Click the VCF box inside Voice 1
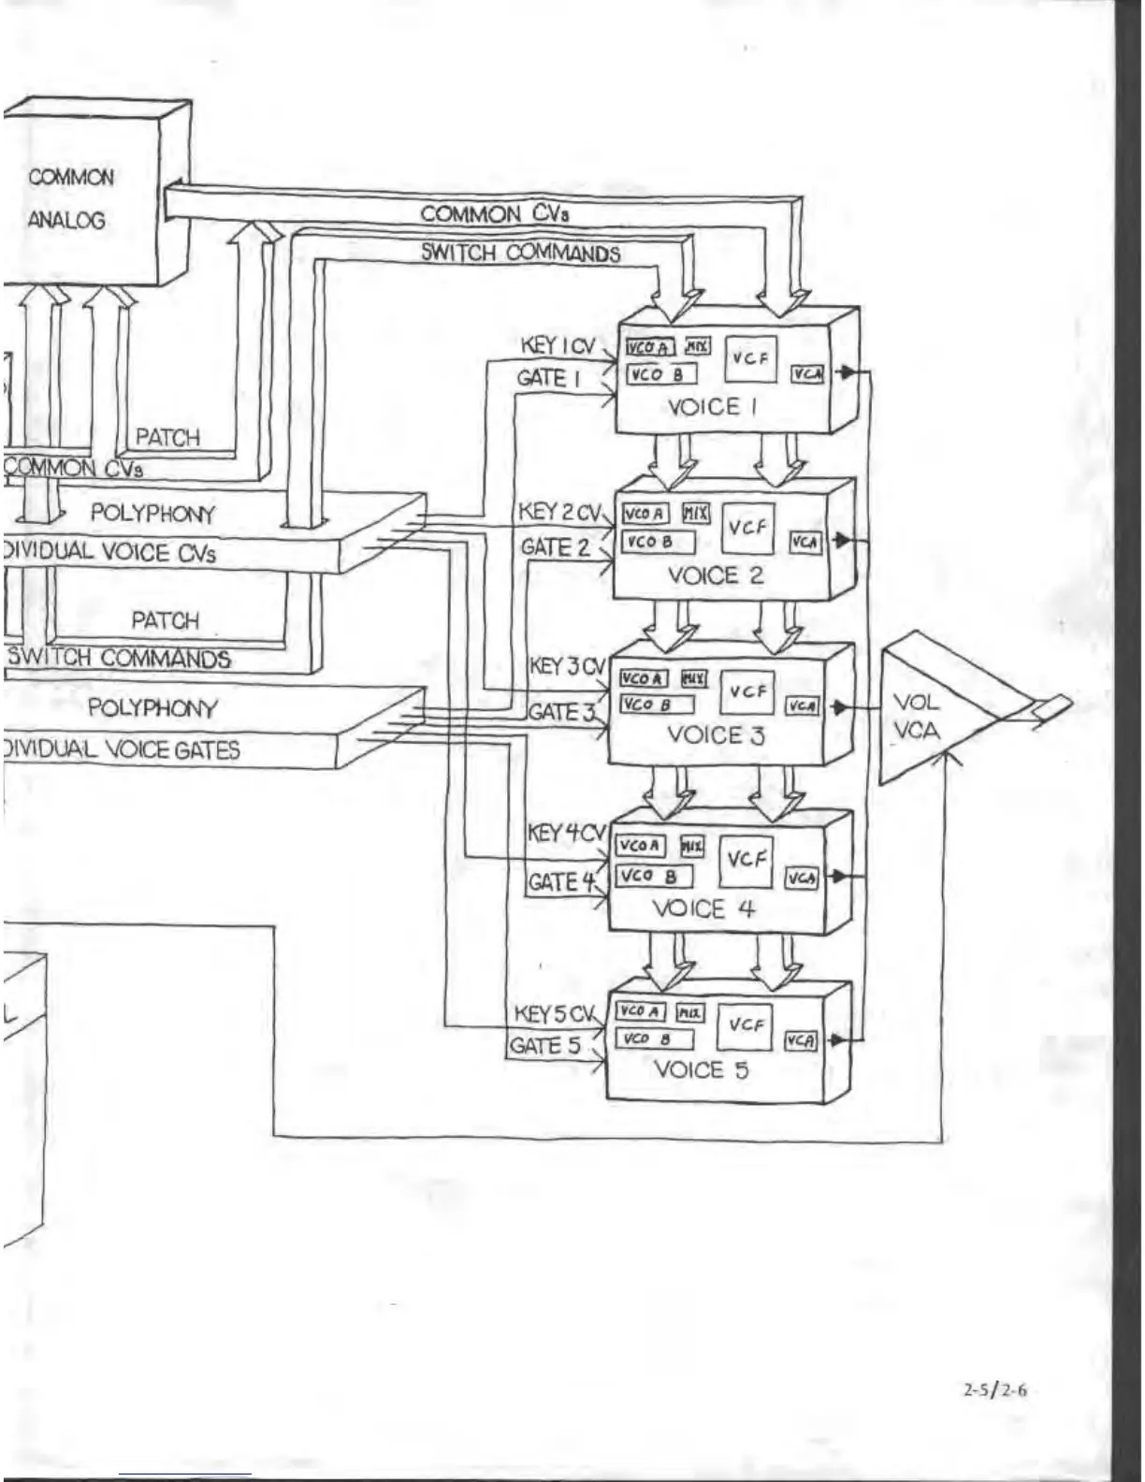point(750,358)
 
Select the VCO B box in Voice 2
point(658,542)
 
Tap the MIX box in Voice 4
point(691,846)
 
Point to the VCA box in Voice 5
point(800,1040)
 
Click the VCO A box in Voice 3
point(644,678)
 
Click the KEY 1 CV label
point(558,346)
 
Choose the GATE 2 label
point(556,546)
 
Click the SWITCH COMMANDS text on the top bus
point(520,253)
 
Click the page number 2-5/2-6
point(994,1389)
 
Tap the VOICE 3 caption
point(715,735)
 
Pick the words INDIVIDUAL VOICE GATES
point(122,749)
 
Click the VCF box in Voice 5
point(746,1025)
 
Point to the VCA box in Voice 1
point(806,374)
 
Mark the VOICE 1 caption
point(713,407)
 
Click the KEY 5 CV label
point(556,1014)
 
